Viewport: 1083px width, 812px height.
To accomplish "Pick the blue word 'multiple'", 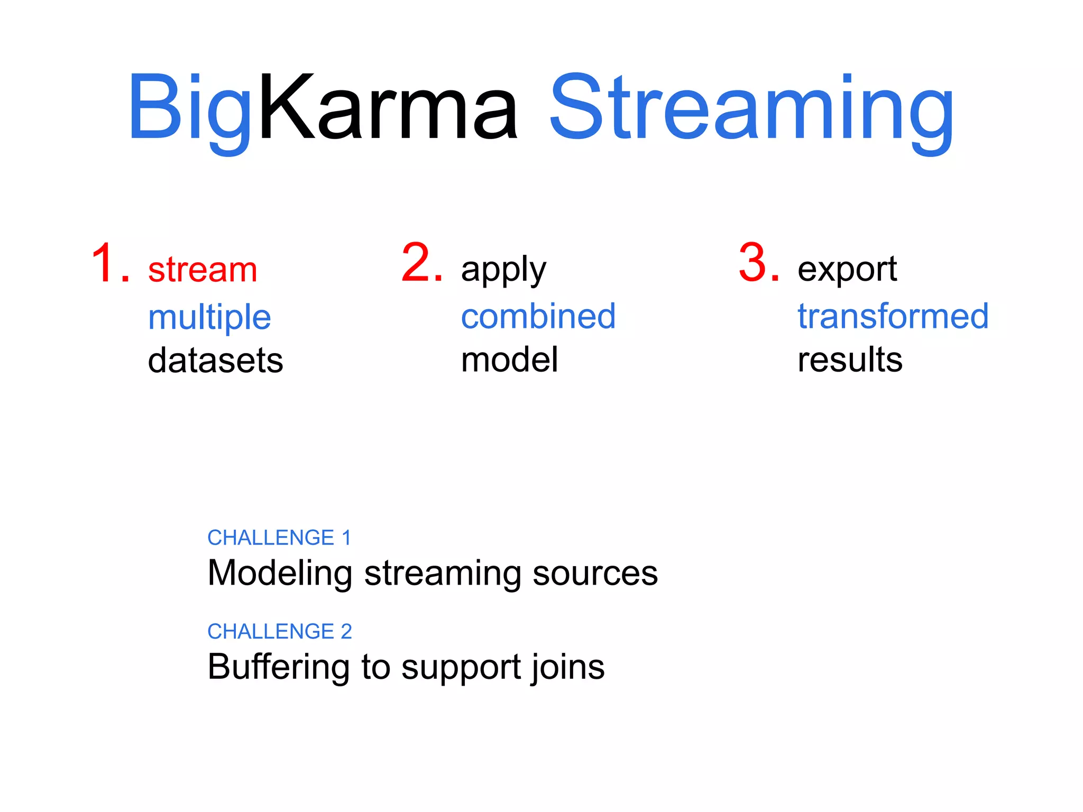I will coord(209,317).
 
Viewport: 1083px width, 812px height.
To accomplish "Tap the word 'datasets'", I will coord(215,361).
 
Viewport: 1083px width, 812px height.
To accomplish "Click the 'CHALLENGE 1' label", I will coord(279,538).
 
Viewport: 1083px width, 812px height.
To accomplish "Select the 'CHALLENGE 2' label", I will coord(279,631).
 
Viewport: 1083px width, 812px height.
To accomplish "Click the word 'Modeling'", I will coord(280,573).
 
